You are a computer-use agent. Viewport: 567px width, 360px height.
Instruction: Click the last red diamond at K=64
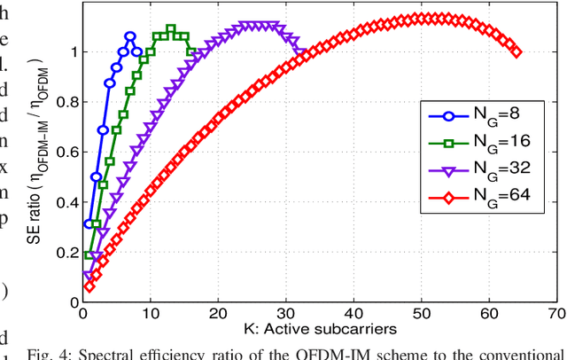[x=517, y=51]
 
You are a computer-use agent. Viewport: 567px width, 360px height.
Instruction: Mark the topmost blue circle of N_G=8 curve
[x=130, y=36]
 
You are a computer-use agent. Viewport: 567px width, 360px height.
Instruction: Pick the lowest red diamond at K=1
[x=89, y=286]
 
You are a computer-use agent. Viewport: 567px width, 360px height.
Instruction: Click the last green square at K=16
[x=191, y=51]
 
